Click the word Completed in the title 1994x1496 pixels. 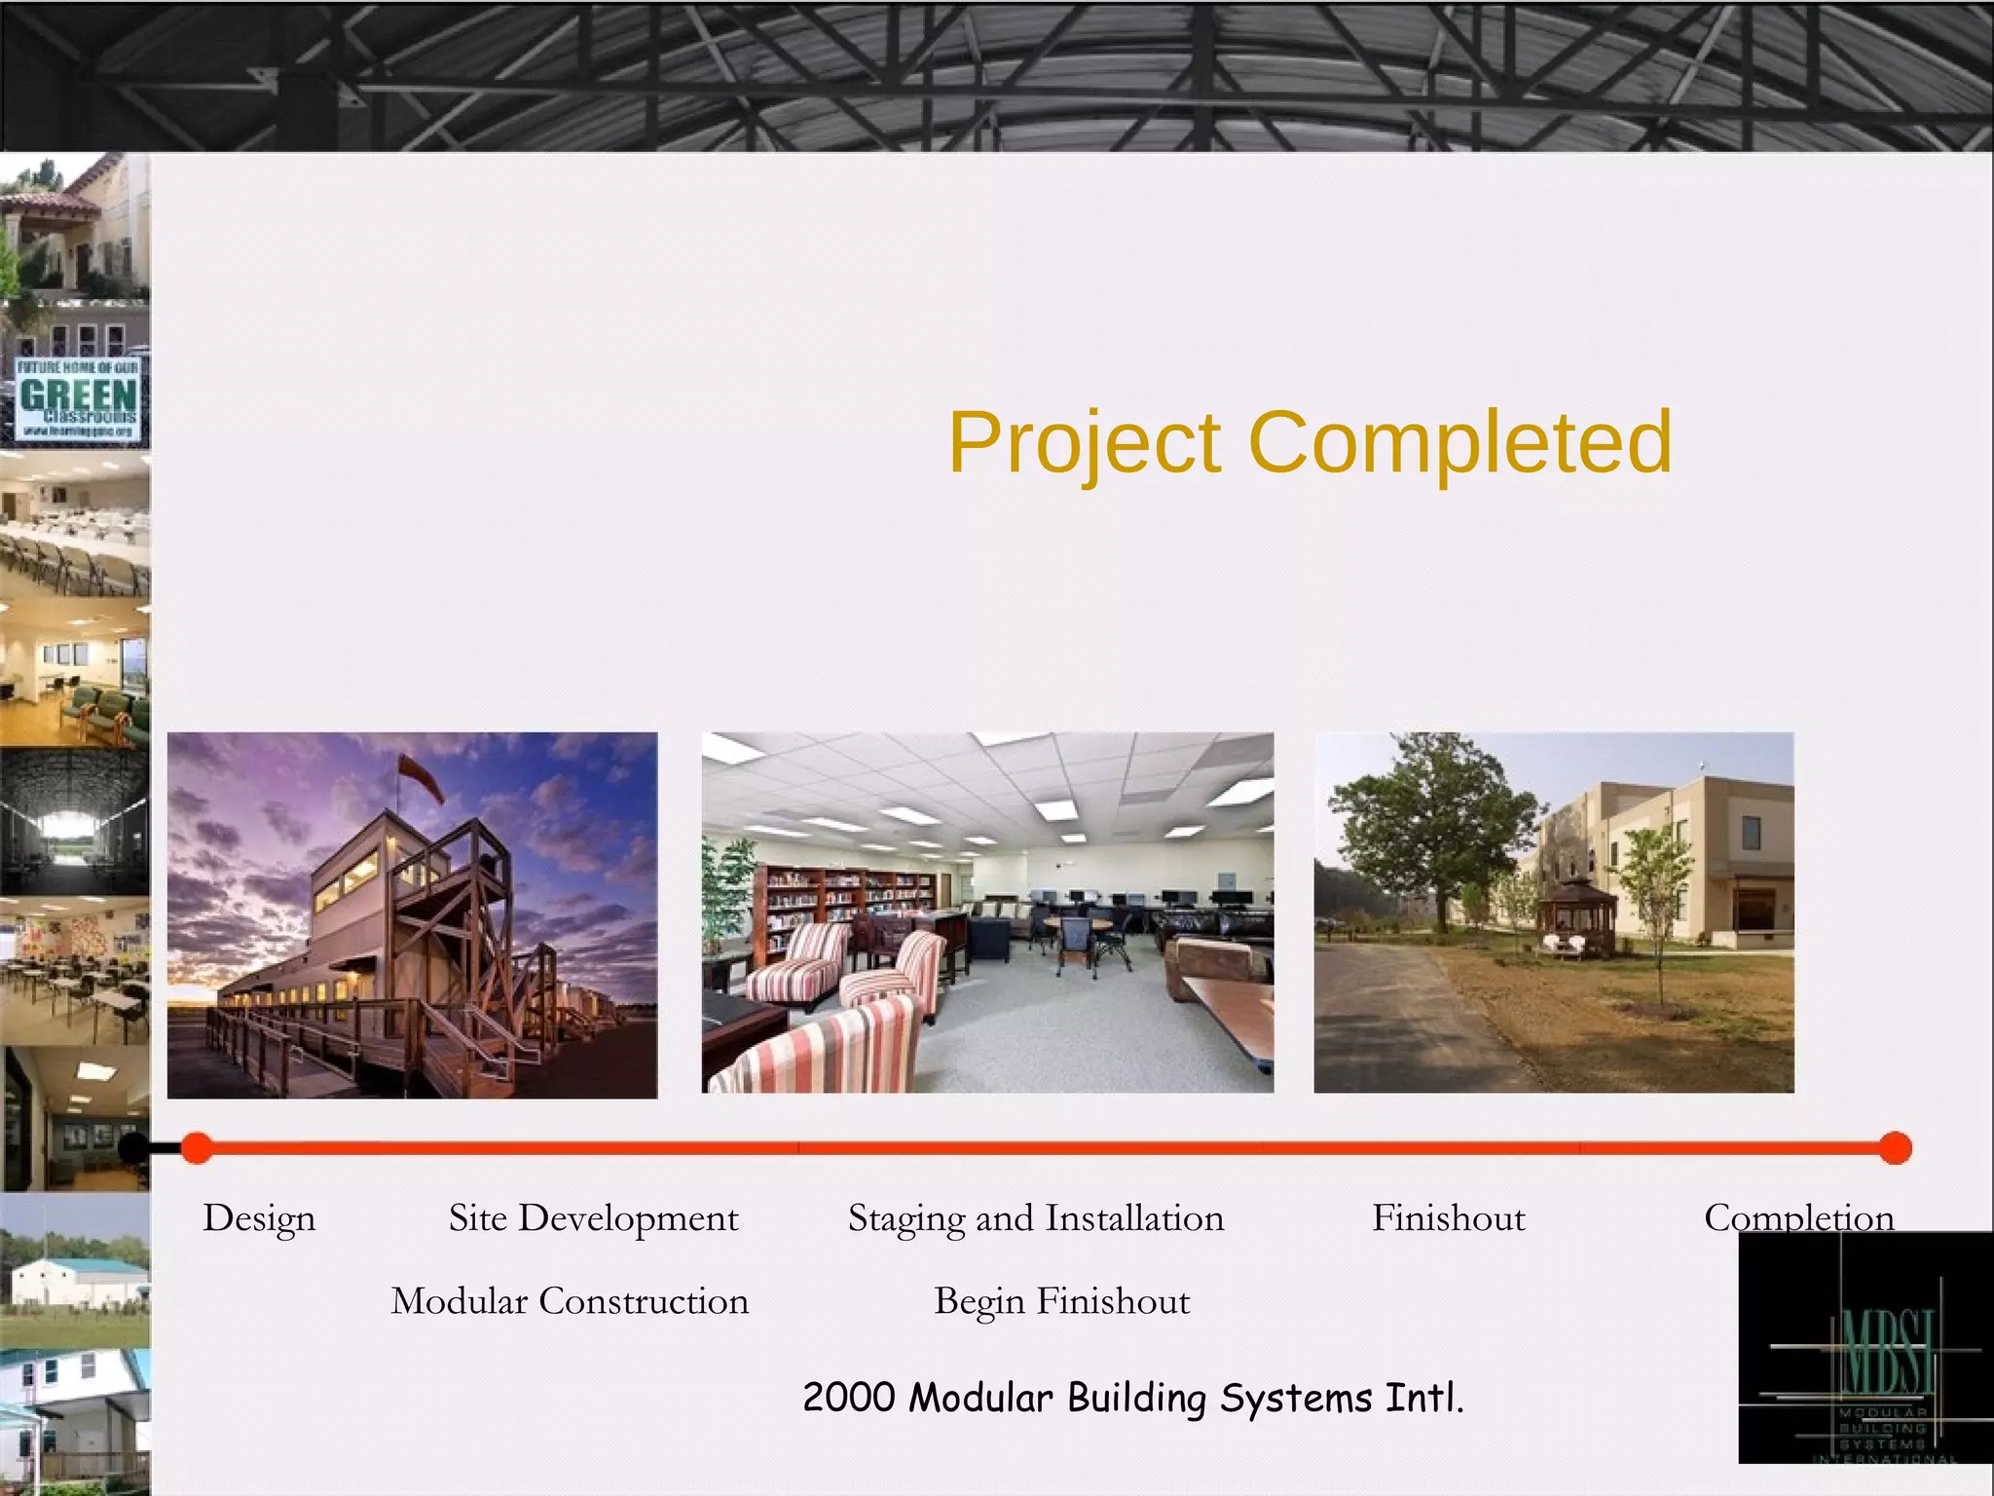tap(1459, 442)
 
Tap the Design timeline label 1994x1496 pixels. tap(259, 1218)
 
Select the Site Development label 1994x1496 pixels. tap(593, 1218)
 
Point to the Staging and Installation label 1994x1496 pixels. tap(1035, 1218)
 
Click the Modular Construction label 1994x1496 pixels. tap(570, 1301)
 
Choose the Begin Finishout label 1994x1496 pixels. tap(1061, 1301)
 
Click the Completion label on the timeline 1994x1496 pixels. tap(1798, 1217)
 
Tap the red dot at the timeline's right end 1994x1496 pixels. tap(1895, 1148)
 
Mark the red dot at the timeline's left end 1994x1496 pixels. tap(197, 1148)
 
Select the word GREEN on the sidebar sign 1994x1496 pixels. tap(78, 394)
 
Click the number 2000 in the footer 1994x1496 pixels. tap(848, 1398)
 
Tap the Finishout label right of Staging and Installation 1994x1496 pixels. tap(1448, 1218)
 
